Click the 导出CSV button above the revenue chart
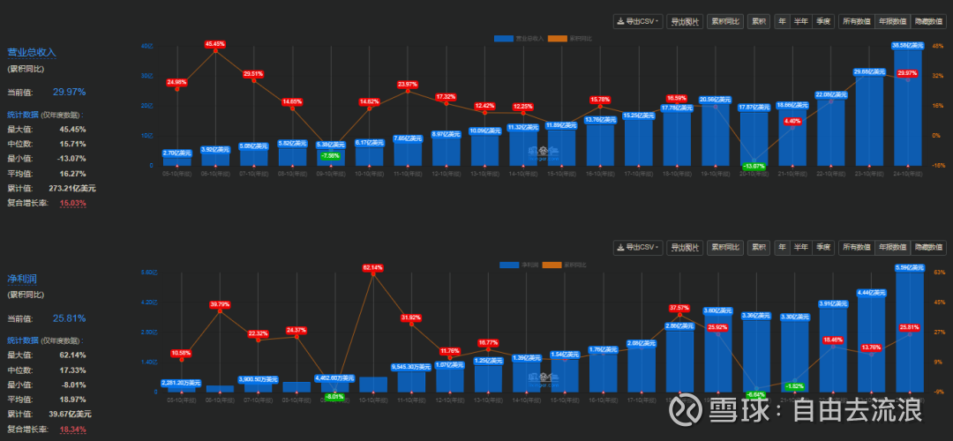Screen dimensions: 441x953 tap(636, 21)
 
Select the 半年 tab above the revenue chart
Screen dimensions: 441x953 tap(800, 21)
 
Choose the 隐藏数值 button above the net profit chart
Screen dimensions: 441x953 tap(927, 247)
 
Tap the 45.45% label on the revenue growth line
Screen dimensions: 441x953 tap(215, 43)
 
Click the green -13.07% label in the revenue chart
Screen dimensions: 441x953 tap(754, 166)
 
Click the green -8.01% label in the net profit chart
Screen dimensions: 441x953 tap(334, 397)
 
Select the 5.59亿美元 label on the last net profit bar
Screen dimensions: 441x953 tap(908, 267)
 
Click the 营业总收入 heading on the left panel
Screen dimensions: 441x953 tap(32, 52)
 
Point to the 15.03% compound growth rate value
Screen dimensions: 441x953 tap(73, 203)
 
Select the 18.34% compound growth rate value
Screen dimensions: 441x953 tap(73, 429)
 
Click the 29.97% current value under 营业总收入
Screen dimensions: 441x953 tap(69, 92)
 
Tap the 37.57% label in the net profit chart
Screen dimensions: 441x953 tap(679, 308)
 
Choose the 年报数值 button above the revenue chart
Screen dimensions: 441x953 tap(891, 21)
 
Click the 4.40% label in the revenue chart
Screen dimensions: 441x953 tap(792, 122)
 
